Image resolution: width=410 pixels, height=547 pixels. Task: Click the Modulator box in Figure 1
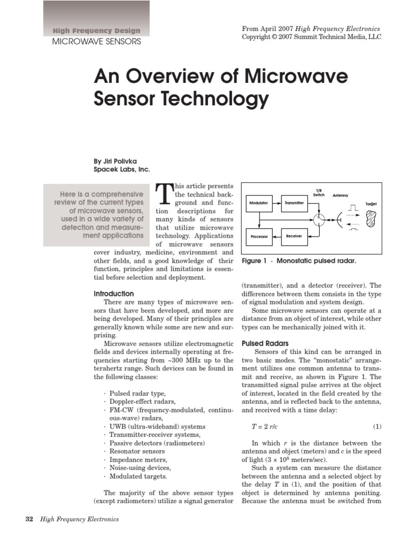pos(259,203)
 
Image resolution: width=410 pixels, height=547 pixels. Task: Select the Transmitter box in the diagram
pos(294,203)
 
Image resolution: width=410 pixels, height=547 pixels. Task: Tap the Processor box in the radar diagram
pos(259,236)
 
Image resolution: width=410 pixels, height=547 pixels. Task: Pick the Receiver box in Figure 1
pos(294,236)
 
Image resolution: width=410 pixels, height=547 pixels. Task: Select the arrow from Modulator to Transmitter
pos(277,203)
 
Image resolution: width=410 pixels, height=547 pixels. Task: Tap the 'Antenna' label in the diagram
pos(341,196)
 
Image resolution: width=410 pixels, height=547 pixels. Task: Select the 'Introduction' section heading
pos(114,294)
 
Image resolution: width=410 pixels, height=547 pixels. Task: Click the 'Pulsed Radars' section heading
pos(265,343)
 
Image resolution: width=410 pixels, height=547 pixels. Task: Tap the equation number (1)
pos(377,426)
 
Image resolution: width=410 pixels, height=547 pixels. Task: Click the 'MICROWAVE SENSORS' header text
pos(96,41)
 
